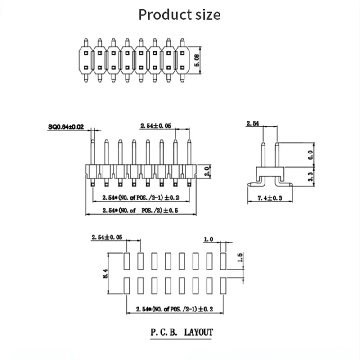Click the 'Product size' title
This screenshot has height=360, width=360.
pos(180,15)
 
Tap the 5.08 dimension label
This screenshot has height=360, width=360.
pos(196,59)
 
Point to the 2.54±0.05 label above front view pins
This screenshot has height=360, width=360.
pos(156,127)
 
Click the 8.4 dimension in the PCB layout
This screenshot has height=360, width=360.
pos(106,274)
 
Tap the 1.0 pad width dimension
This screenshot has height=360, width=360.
pos(208,239)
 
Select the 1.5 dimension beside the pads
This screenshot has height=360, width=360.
pos(239,258)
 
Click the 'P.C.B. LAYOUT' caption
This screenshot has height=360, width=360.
pos(181,333)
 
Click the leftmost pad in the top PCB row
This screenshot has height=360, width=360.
pos(127,261)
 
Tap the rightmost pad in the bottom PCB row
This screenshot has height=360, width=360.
pos(224,286)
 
